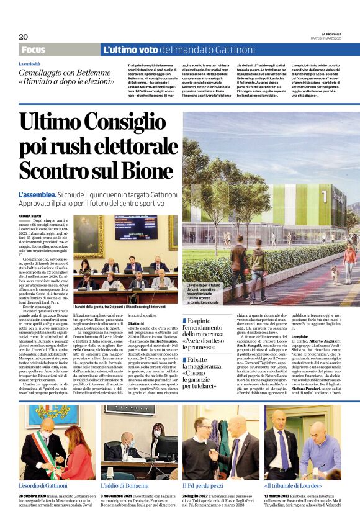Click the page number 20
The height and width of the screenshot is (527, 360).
(24, 37)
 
